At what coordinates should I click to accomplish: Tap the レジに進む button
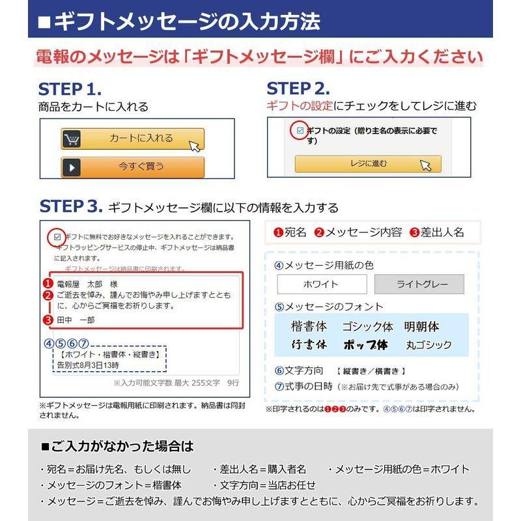click(x=367, y=164)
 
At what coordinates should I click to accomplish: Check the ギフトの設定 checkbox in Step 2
click(x=300, y=131)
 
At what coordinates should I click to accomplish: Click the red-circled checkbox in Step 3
click(x=57, y=237)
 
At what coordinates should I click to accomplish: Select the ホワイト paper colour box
click(x=321, y=285)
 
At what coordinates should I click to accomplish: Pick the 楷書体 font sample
click(x=309, y=327)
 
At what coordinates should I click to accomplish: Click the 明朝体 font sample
click(x=421, y=327)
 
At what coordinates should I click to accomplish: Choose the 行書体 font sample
click(x=309, y=345)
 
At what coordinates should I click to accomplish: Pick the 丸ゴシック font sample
click(x=428, y=345)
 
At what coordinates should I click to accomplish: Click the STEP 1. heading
click(x=70, y=89)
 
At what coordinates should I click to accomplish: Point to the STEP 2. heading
click(x=298, y=89)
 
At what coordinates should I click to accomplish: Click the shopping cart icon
click(x=72, y=139)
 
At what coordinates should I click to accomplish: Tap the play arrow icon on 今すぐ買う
click(x=72, y=167)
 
